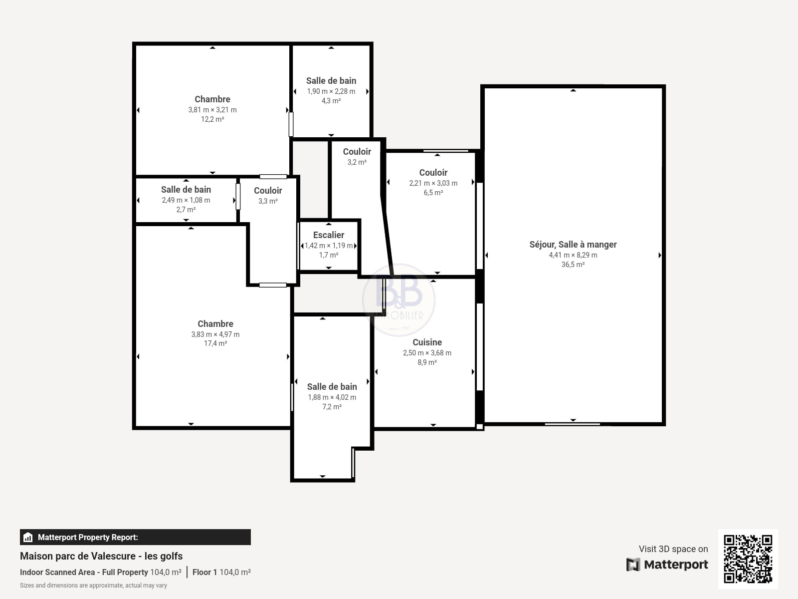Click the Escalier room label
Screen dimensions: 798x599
coord(329,235)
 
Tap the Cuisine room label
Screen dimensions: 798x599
coord(427,342)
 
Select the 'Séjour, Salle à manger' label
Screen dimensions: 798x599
coord(573,245)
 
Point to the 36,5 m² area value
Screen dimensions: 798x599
coord(573,265)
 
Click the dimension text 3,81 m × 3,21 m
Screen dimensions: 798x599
coord(212,110)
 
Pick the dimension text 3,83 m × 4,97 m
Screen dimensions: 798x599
coord(215,334)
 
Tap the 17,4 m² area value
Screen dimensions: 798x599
coord(215,343)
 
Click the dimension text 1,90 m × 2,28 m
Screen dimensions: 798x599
coord(331,91)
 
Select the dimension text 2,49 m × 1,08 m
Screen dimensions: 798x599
coord(186,200)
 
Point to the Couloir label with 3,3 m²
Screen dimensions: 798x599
coord(268,191)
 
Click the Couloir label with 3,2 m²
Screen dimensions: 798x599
coord(357,152)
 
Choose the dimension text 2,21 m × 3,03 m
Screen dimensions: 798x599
coord(433,183)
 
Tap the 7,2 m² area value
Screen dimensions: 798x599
coord(332,407)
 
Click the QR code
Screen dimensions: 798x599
coord(748,559)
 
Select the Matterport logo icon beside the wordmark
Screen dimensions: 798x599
coord(633,565)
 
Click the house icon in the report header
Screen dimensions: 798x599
coord(28,537)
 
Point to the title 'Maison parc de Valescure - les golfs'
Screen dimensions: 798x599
coord(101,556)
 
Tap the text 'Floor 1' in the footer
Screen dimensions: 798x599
coord(204,572)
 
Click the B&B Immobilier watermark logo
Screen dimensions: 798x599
coord(399,300)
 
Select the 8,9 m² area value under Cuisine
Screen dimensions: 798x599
coord(427,362)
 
